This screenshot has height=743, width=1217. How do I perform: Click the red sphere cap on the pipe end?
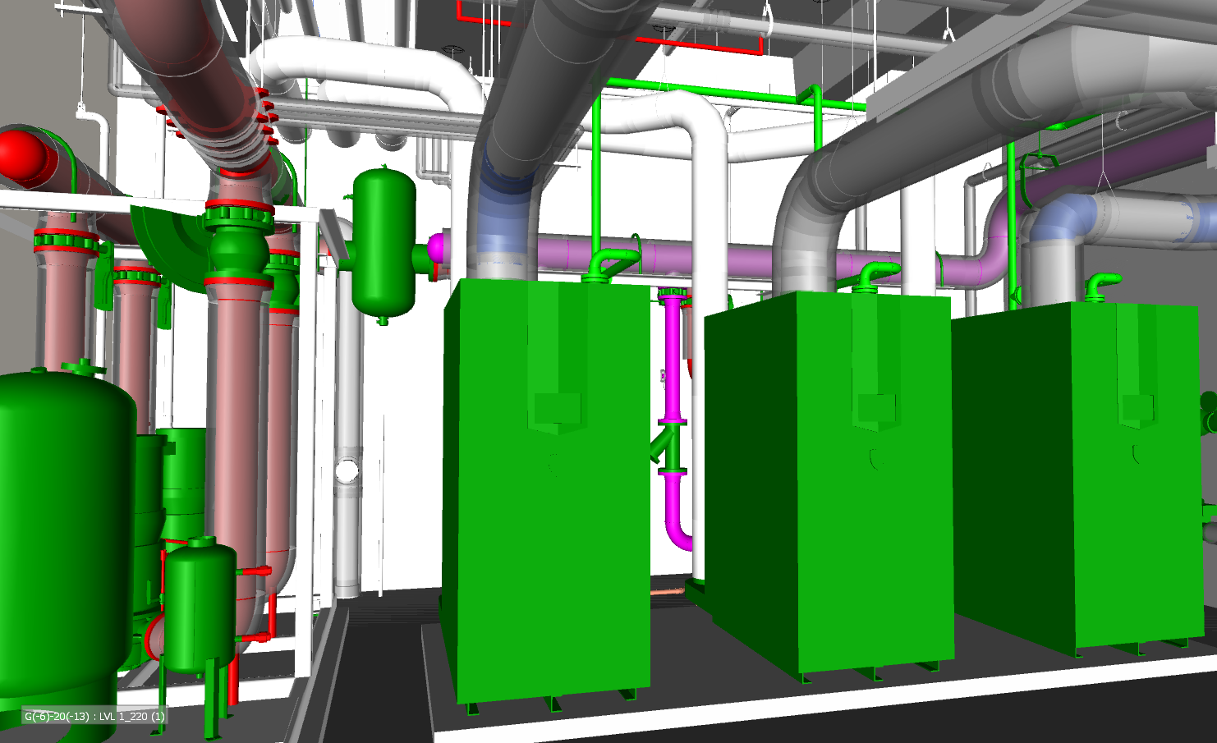coord(21,154)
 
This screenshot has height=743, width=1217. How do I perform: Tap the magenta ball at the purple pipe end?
coord(436,248)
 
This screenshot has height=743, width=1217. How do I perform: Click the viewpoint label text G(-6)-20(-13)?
coord(57,717)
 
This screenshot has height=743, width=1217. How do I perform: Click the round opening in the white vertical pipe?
coord(347,470)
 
